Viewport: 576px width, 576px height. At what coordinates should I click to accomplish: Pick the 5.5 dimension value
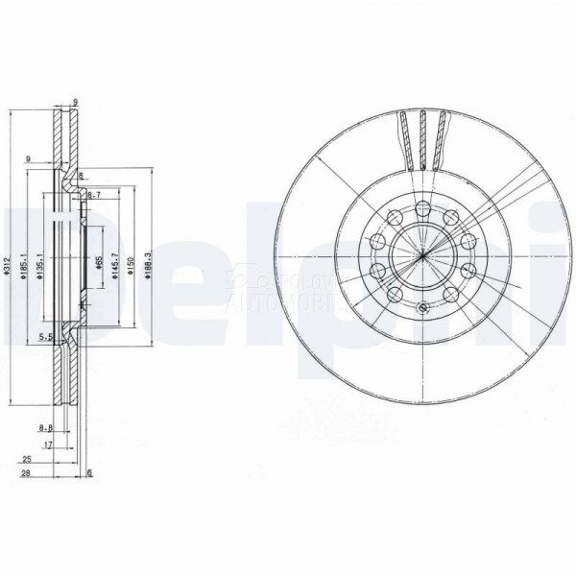point(44,337)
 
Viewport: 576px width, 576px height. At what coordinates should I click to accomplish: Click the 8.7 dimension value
point(94,195)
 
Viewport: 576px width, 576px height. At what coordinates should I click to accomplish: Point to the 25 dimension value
point(27,460)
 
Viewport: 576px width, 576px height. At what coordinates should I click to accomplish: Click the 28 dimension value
point(27,474)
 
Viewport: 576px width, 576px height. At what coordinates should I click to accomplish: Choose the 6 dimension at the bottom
point(89,474)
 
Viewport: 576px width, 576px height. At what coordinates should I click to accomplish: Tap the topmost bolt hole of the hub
point(421,208)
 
